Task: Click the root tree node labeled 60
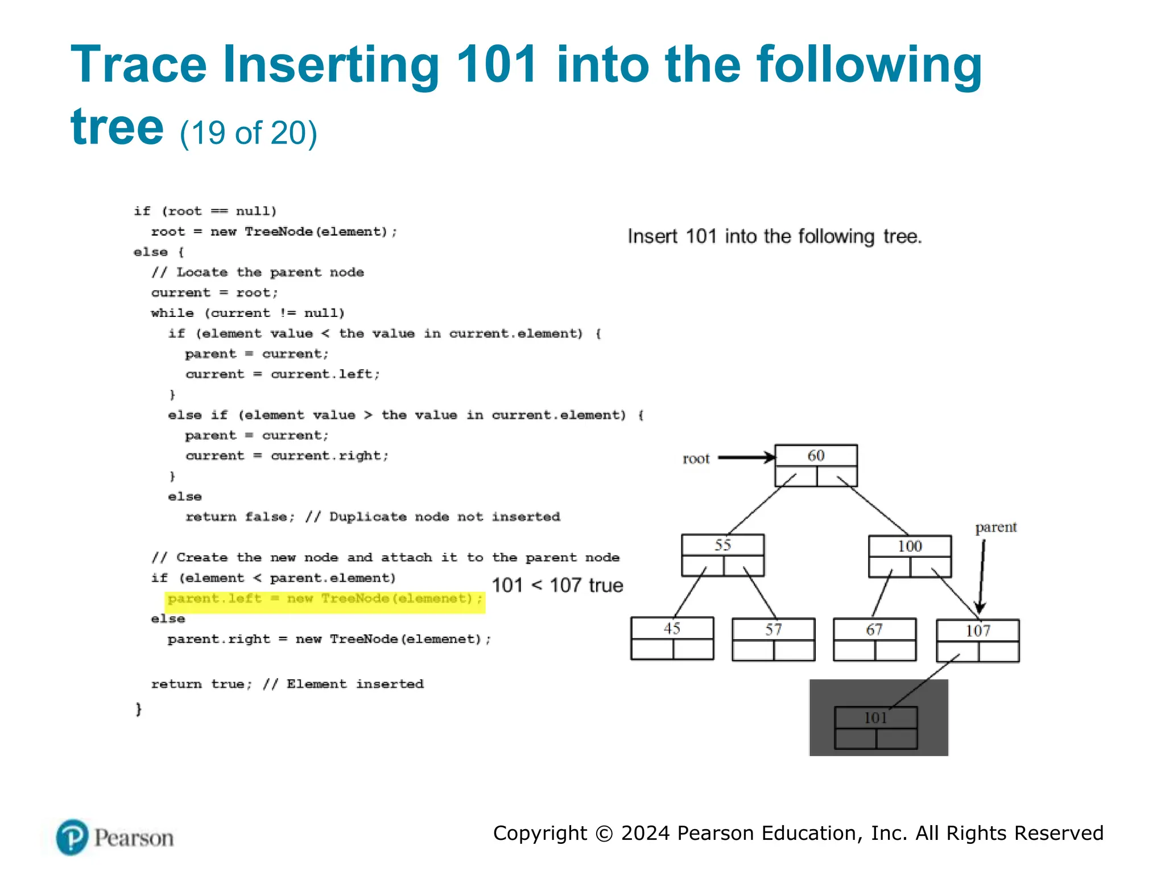(x=816, y=465)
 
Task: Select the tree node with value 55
(x=722, y=555)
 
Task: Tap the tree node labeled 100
(x=910, y=556)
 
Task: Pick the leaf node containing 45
(x=672, y=638)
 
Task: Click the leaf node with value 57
(x=773, y=639)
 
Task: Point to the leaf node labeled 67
(x=874, y=639)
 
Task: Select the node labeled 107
(x=977, y=640)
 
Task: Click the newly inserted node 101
(x=875, y=727)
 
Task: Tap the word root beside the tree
(x=696, y=459)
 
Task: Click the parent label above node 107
(x=995, y=527)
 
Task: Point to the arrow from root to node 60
(x=746, y=457)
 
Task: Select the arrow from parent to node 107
(x=982, y=575)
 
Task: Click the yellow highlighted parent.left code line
(x=325, y=599)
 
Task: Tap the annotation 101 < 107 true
(x=557, y=586)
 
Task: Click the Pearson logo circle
(x=72, y=838)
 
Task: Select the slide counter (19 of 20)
(x=249, y=133)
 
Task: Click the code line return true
(x=287, y=684)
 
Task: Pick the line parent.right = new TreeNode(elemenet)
(x=329, y=640)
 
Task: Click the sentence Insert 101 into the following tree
(x=774, y=236)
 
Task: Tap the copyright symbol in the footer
(x=604, y=834)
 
